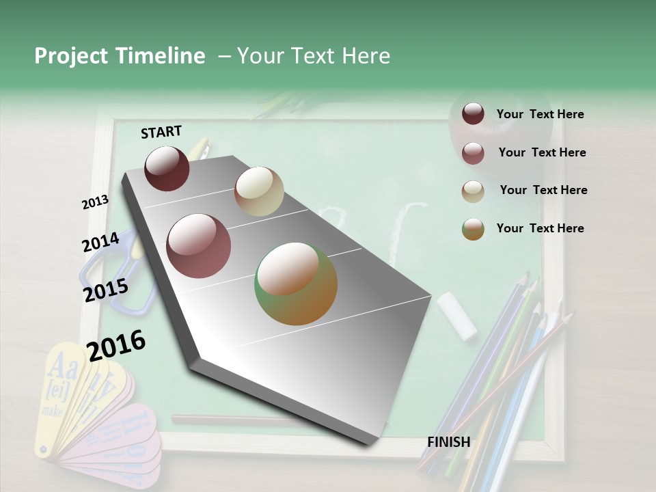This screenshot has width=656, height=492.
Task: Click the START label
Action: tap(161, 132)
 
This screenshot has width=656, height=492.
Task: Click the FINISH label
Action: tap(449, 442)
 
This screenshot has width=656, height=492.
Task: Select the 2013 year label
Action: tap(95, 202)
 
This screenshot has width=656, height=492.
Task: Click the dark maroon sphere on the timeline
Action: tap(167, 168)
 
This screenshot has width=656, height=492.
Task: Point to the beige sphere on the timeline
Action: tap(259, 191)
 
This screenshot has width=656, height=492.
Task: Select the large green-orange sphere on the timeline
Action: tap(296, 284)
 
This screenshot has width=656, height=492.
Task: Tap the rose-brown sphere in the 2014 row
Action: tap(199, 246)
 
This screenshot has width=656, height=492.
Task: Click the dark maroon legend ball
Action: tap(473, 114)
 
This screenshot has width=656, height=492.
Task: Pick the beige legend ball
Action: tap(473, 191)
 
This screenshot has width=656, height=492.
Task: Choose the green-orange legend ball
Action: tap(473, 229)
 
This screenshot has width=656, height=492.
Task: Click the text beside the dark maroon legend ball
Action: tap(540, 115)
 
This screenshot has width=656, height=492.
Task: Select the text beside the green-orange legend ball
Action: tap(540, 228)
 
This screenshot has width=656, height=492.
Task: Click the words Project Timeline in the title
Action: tap(120, 56)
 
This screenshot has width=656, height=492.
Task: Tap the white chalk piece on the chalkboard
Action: tap(456, 316)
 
